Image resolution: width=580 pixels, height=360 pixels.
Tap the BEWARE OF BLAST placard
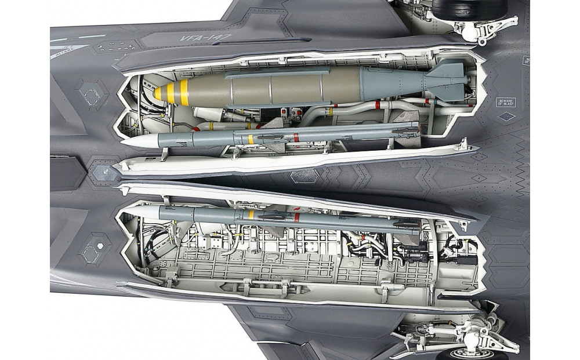pos(505,102)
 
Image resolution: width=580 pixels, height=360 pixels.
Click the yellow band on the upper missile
pos(251,139)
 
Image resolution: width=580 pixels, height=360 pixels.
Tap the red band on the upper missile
pos(296,137)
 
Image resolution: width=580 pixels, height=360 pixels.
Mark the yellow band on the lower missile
pos(251,214)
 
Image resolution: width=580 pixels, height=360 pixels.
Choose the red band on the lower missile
pos(296,217)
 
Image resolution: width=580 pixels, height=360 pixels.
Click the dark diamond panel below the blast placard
pos(506,117)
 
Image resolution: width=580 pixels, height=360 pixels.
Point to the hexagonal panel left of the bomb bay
pos(92,94)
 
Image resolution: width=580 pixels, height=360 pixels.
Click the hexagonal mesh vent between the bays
pos(304,176)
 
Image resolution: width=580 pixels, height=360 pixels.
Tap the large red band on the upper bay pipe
pos(378,105)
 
